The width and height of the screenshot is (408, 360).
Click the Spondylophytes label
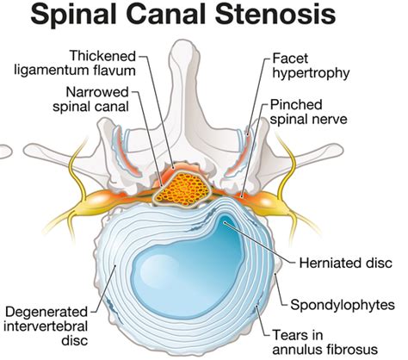[343, 304]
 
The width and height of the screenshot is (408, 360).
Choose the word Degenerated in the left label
[48, 310]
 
